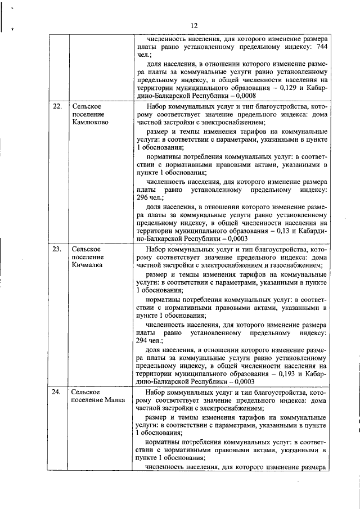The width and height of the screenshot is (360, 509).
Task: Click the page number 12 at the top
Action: (194, 26)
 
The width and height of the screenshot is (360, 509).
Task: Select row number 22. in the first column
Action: (57, 106)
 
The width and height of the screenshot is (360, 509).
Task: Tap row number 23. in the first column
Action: (57, 249)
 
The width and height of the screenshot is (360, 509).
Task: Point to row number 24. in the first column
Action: (57, 391)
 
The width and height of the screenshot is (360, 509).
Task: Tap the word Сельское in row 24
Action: (86, 391)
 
